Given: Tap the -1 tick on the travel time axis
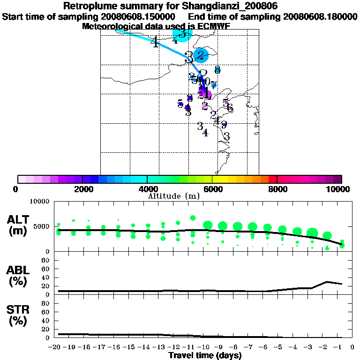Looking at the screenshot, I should (340, 347).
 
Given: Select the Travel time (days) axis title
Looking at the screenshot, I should (205, 355).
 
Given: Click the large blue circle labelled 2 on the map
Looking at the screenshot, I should (202, 55).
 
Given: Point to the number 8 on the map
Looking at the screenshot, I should (217, 69).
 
